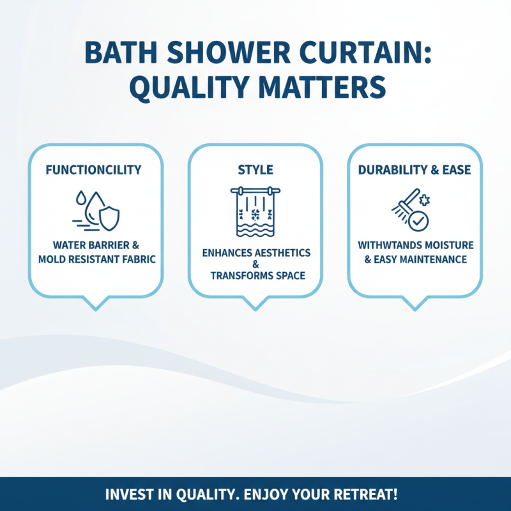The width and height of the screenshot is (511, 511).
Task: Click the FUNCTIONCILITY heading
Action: pos(95,171)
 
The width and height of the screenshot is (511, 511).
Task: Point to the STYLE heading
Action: pos(255,171)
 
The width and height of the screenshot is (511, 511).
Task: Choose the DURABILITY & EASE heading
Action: pos(415,171)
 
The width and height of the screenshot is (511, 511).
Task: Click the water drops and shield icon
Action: pos(95,209)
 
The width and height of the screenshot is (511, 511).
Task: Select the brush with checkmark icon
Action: pos(411,209)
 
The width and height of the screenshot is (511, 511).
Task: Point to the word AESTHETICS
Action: pos(277,253)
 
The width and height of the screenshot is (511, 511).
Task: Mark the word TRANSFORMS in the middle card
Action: pos(243,276)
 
